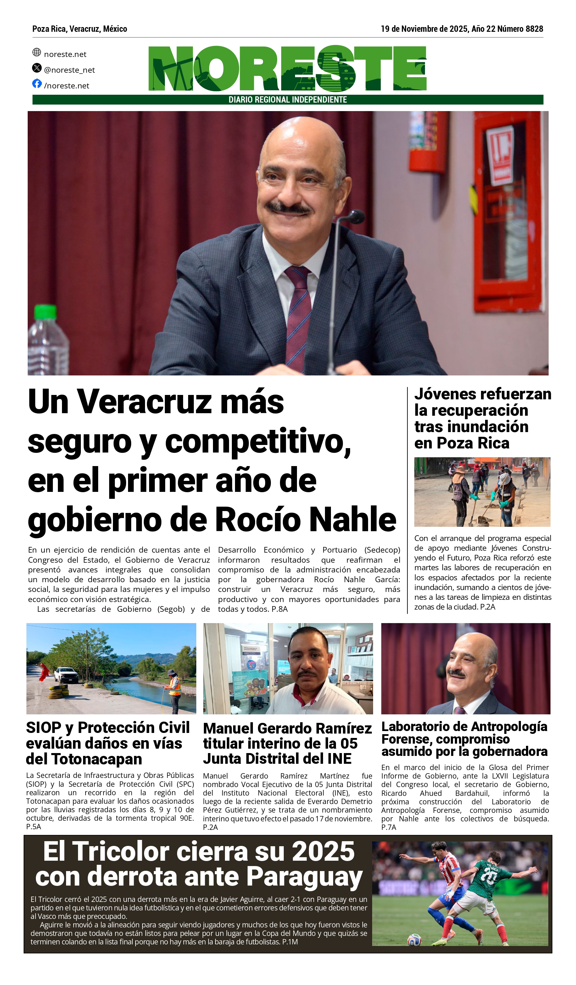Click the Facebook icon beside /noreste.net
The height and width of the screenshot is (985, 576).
tap(37, 83)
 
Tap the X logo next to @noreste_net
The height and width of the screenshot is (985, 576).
tap(37, 68)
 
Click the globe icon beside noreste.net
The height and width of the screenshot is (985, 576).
tap(37, 52)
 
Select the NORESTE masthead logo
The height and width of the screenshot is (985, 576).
tap(287, 68)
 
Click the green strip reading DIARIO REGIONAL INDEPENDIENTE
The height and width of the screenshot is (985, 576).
tap(288, 100)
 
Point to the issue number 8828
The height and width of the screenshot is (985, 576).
tap(534, 29)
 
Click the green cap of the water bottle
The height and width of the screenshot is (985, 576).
tap(46, 312)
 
